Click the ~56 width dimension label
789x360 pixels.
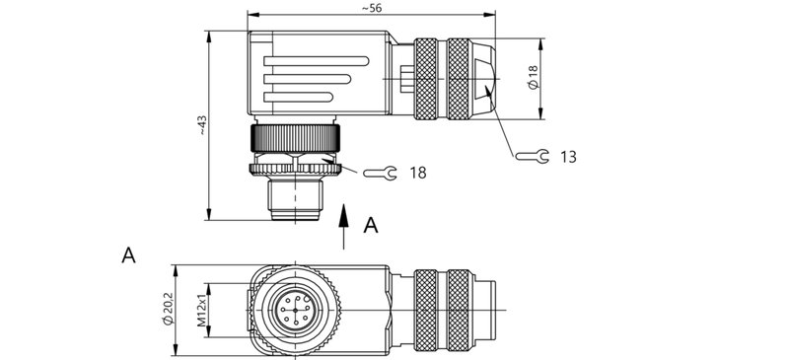371,8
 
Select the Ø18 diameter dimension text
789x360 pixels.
532,79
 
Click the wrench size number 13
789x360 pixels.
568,157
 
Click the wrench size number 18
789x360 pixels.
417,174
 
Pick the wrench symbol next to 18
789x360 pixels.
380,174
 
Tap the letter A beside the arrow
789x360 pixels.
370,226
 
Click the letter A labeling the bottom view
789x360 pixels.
128,256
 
